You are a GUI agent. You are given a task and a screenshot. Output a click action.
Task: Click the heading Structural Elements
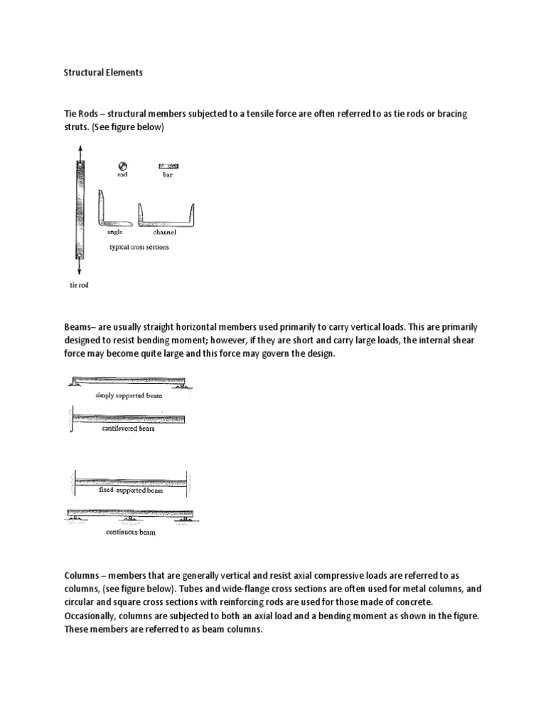pyautogui.click(x=103, y=72)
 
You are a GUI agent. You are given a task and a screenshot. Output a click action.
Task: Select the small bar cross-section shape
pyautogui.click(x=168, y=166)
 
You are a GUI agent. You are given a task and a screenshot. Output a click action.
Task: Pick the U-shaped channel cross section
pyautogui.click(x=166, y=214)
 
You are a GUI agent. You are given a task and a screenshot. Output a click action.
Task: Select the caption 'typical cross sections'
pyautogui.click(x=139, y=247)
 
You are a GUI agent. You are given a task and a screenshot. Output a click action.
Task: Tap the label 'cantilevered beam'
pyautogui.click(x=128, y=429)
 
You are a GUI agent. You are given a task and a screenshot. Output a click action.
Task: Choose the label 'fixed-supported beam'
pyautogui.click(x=130, y=491)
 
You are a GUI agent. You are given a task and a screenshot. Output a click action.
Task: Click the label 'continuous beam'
pyautogui.click(x=130, y=532)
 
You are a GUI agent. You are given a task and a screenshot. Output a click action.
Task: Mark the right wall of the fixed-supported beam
pyautogui.click(x=187, y=481)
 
